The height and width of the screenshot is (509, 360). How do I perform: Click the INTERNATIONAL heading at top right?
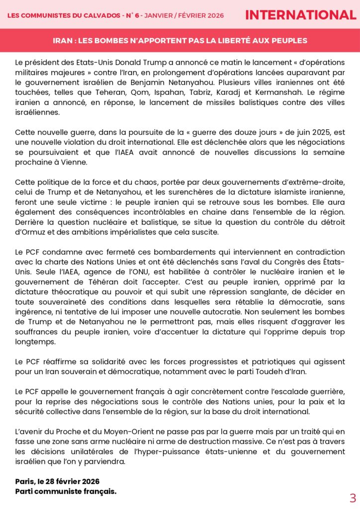click(x=300, y=15)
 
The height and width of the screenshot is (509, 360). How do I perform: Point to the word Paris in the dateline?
click(x=25, y=481)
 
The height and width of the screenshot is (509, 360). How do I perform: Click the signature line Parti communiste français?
click(x=66, y=491)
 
